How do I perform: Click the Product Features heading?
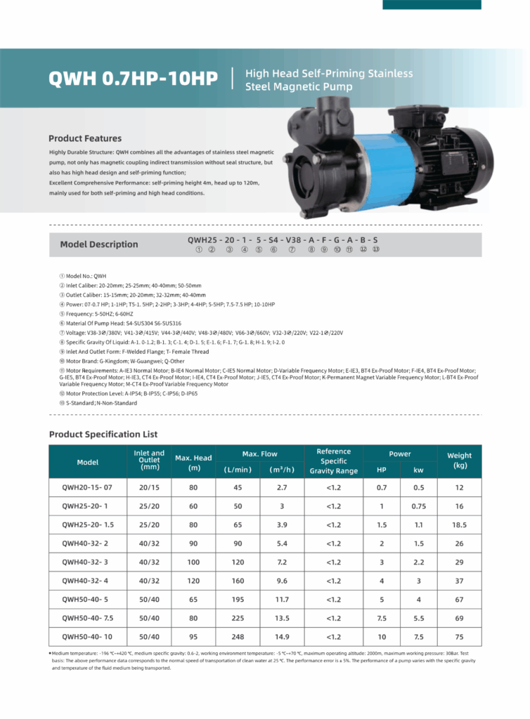85,138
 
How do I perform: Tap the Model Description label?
99,244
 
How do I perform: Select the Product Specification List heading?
103,434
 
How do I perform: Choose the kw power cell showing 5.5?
418,618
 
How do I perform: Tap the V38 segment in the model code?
291,239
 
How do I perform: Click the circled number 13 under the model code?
376,249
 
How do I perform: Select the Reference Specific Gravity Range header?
334,461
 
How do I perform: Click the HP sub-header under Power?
381,470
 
